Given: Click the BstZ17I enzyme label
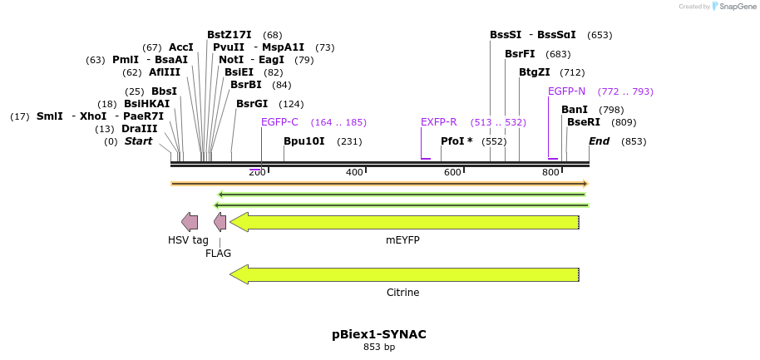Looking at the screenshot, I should click(229, 35).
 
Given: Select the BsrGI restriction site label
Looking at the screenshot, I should click(252, 104).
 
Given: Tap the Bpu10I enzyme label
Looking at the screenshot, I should click(304, 141).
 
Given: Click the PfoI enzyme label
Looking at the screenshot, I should click(456, 141).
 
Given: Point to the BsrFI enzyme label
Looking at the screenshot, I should click(520, 54).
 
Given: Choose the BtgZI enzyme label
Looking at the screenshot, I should click(534, 72).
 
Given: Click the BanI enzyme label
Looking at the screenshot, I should click(575, 110).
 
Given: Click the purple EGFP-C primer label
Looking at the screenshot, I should click(279, 122).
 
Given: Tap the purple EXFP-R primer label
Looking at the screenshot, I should click(438, 122).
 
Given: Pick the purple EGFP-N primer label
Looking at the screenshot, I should click(566, 91).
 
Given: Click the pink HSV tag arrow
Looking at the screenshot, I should click(190, 222).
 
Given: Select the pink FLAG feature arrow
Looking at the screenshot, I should click(220, 222).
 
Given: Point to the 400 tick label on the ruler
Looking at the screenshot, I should click(354, 172).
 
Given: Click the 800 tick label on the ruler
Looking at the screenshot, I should click(550, 172).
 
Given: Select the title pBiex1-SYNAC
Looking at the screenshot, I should click(379, 334).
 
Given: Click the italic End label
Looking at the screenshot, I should click(599, 141).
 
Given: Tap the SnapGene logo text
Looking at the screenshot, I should click(734, 7).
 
